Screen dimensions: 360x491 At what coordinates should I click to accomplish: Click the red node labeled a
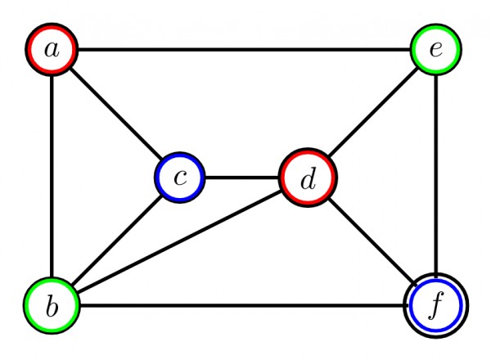tap(52, 50)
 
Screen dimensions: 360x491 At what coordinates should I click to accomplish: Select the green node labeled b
tap(52, 307)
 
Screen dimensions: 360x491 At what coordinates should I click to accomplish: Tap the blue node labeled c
tap(180, 178)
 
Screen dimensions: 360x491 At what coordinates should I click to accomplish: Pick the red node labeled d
tap(308, 178)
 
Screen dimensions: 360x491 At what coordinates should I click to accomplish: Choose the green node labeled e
tap(436, 50)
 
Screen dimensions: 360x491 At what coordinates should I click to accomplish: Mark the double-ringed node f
tap(436, 307)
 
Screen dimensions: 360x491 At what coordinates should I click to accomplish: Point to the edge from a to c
tap(115, 114)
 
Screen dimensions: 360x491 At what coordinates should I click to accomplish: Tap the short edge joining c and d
tap(243, 178)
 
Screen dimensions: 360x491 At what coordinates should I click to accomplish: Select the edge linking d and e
tap(372, 114)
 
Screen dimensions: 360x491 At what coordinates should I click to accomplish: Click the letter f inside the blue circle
tap(437, 308)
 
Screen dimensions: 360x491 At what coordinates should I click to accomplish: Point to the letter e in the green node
tap(436, 50)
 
